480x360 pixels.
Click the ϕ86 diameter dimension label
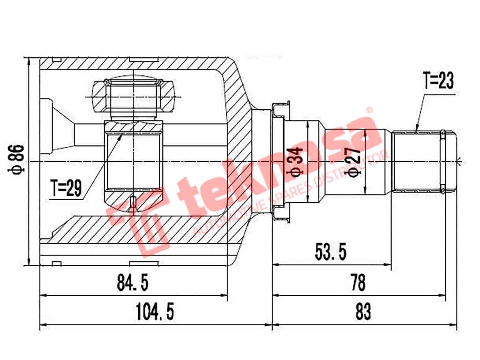click(16, 159)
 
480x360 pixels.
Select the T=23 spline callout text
click(438, 81)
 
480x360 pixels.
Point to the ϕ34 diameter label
click(294, 162)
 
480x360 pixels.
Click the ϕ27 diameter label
click(353, 162)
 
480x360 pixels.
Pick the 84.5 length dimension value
click(133, 282)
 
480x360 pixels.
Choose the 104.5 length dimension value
click(155, 312)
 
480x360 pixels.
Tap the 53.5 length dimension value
click(330, 252)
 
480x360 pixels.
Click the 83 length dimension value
click(363, 312)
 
